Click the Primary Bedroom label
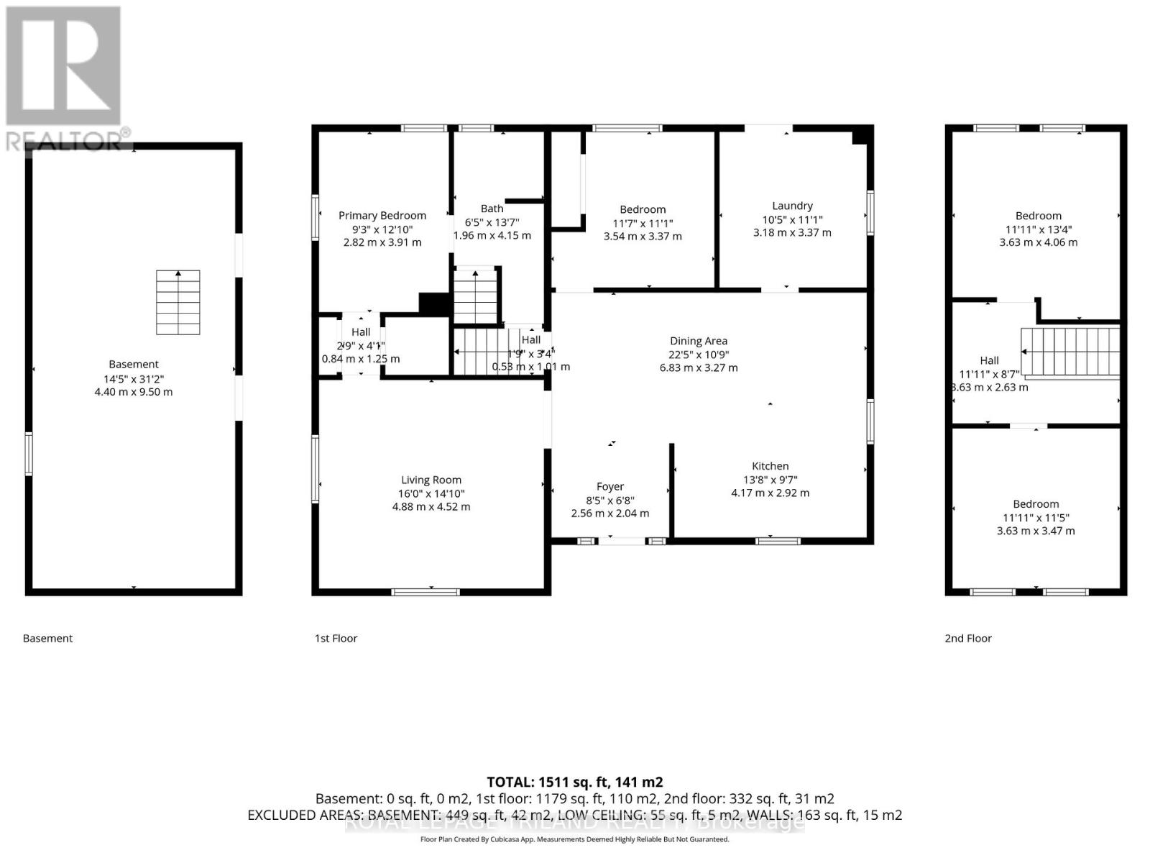pos(382,216)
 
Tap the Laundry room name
pos(792,206)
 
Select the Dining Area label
pos(698,341)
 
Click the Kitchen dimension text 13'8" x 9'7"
pos(770,480)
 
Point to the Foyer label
pos(609,487)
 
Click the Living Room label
pos(431,480)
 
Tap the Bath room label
pos(492,209)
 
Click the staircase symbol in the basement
pos(178,303)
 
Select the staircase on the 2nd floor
pos(1071,352)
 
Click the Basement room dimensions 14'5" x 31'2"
pos(134,379)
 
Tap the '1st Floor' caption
pos(336,639)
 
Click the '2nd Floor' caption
pos(967,639)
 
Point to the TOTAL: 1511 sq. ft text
pos(574,782)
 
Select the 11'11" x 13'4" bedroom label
pos(1038,216)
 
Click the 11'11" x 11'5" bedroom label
pos(1036,504)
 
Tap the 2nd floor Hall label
pos(989,360)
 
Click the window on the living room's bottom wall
pos(425,592)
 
